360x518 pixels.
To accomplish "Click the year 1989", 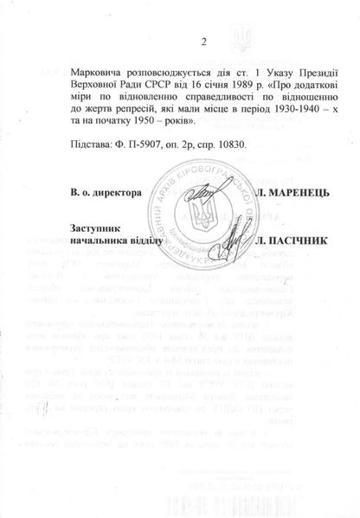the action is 248,86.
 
